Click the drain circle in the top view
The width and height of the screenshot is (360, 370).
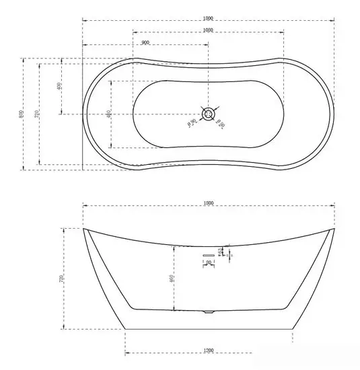(208, 114)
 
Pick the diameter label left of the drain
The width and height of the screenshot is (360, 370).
(192, 122)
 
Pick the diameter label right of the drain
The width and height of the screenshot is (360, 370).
(221, 122)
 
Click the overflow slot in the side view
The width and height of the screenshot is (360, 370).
(208, 256)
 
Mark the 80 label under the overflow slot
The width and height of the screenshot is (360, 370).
(208, 263)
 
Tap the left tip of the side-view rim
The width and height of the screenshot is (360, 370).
(84, 229)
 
